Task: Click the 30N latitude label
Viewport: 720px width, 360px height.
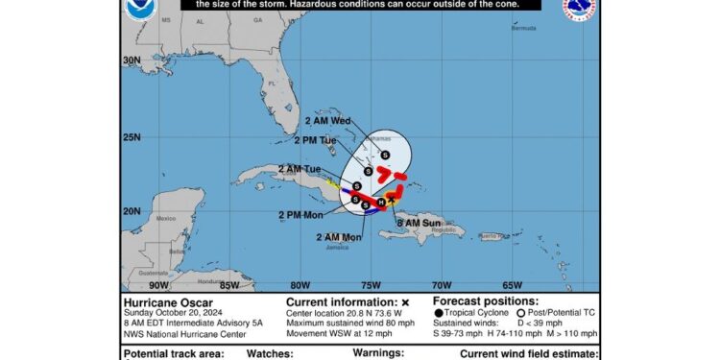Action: click(132, 60)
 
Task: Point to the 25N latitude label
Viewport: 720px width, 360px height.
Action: click(132, 137)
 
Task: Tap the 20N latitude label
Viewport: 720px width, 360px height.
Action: click(132, 211)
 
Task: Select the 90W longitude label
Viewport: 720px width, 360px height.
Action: click(159, 284)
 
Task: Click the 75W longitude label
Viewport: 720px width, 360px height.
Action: click(372, 284)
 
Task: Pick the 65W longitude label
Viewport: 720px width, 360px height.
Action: click(513, 284)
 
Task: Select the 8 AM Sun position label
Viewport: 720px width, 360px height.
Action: click(420, 222)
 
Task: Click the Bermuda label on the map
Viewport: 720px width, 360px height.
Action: click(523, 29)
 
